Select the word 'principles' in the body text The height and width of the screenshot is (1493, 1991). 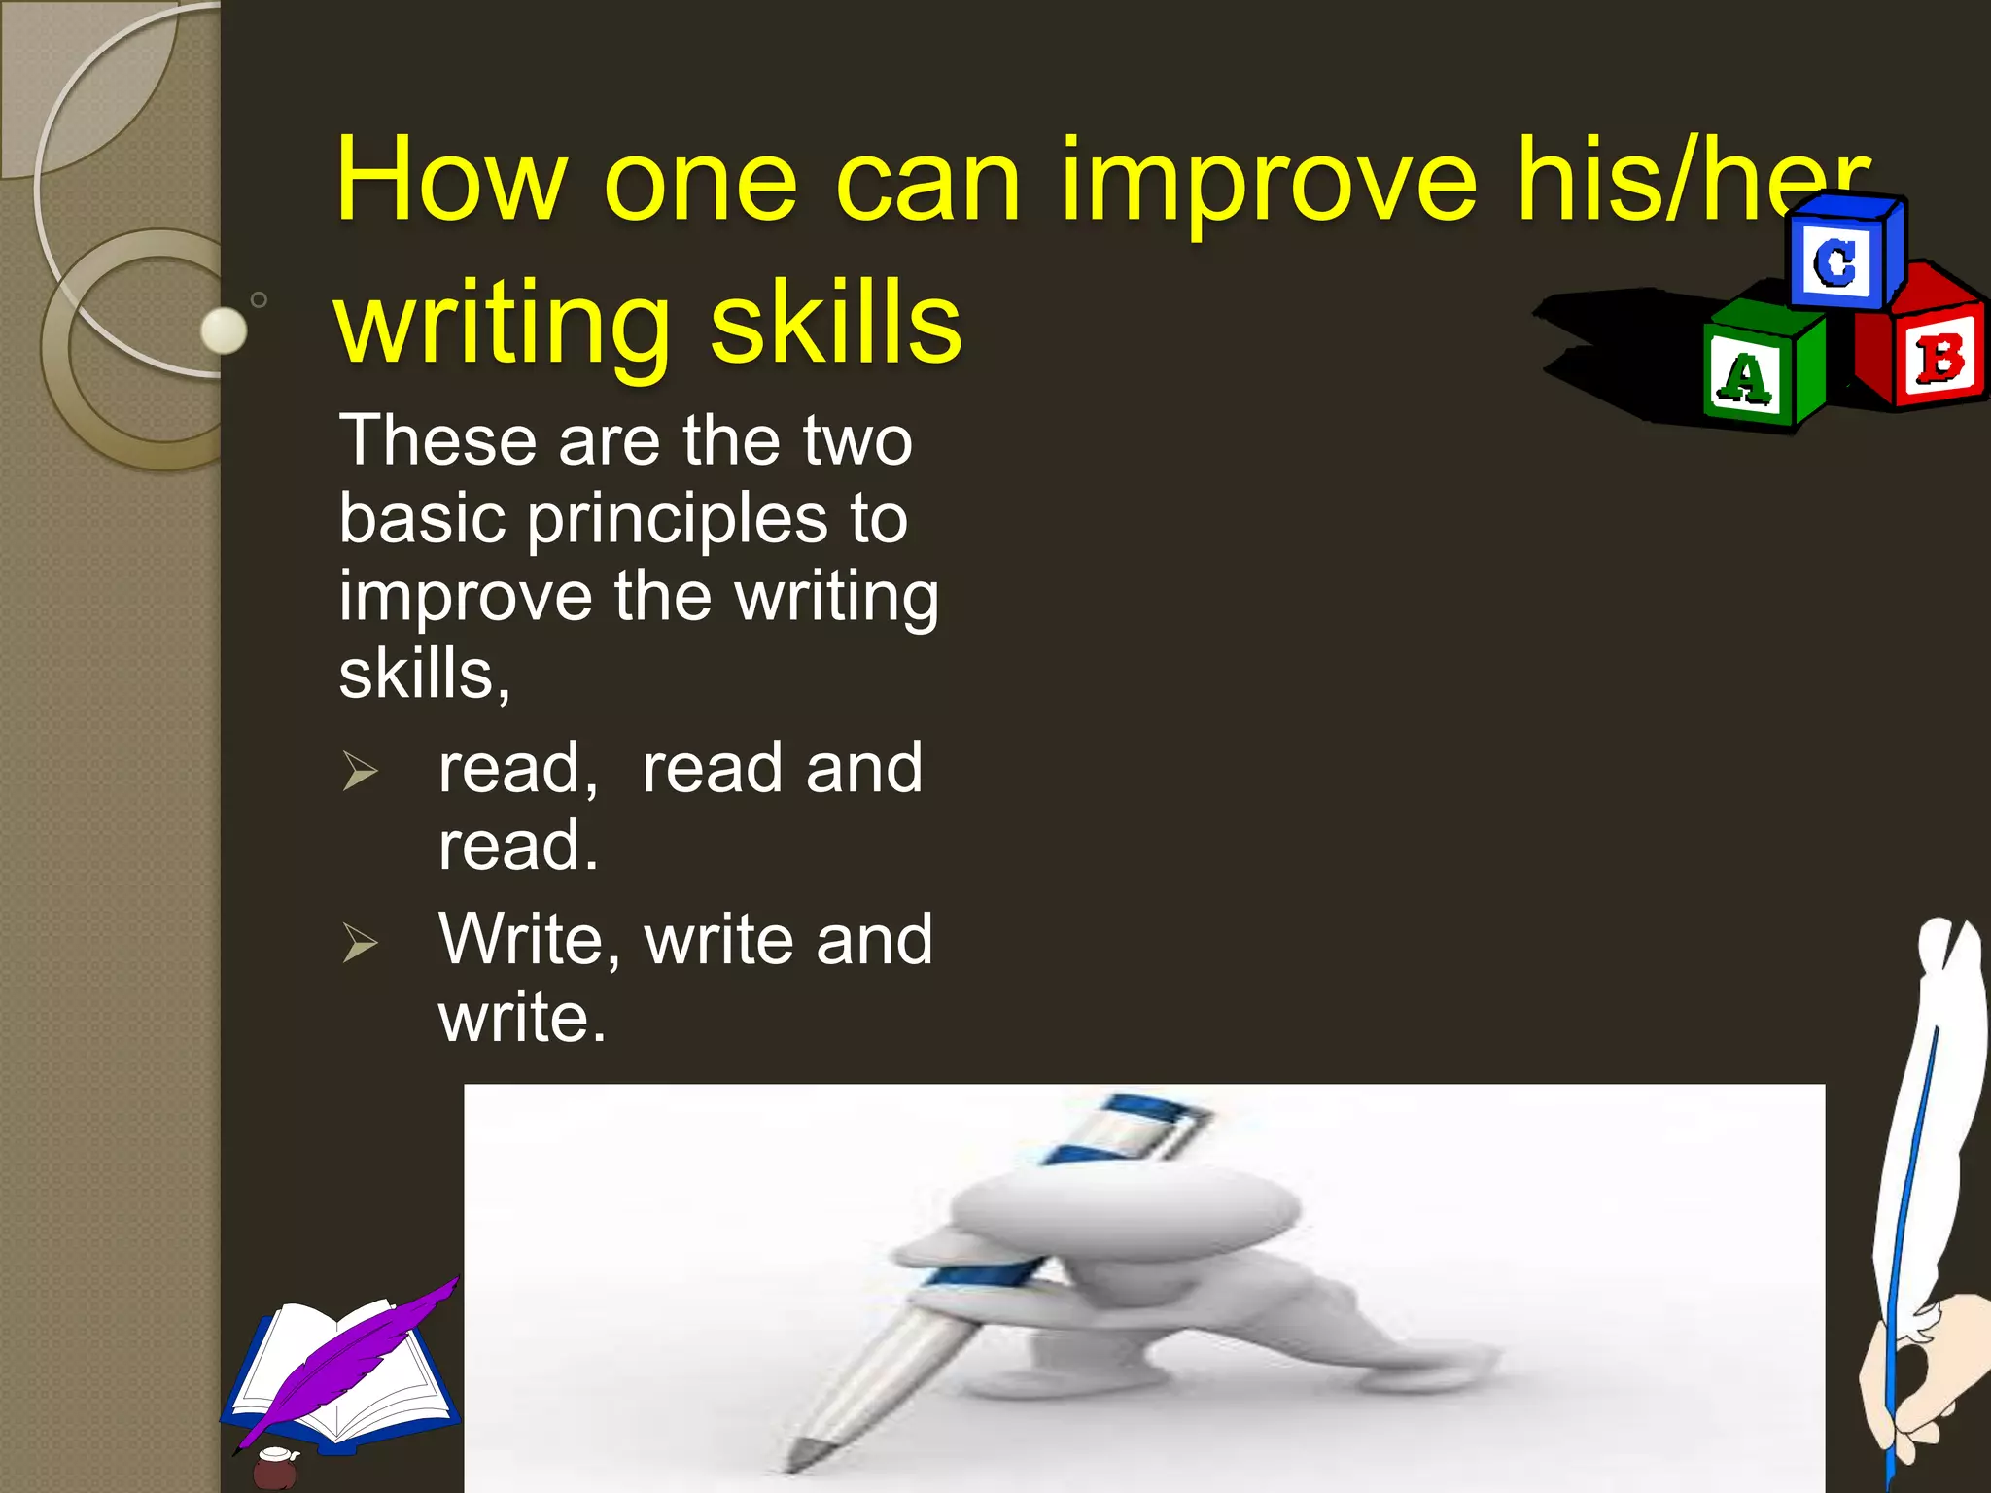click(677, 518)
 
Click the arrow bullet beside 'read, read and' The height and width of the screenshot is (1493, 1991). click(360, 772)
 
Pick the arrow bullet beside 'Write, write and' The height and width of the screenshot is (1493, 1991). click(360, 943)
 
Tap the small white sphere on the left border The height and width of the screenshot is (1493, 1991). click(224, 330)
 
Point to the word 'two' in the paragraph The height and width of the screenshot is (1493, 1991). click(857, 440)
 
